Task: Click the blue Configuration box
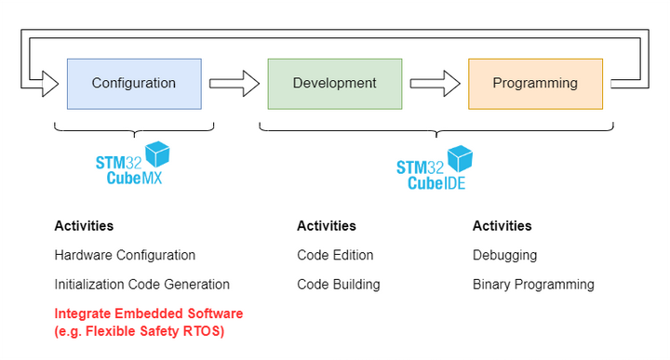[134, 84]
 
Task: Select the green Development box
[334, 84]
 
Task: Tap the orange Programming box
[535, 84]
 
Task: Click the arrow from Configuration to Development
[234, 84]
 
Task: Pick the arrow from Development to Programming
[435, 84]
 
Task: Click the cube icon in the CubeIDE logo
[460, 157]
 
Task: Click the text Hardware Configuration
[125, 255]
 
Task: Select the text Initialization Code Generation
[141, 285]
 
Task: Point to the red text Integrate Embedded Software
[148, 313]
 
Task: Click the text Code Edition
[335, 255]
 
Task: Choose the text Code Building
[338, 285]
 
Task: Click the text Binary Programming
[533, 285]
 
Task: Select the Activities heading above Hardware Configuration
[84, 226]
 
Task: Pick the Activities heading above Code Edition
[327, 226]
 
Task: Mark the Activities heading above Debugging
[502, 226]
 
